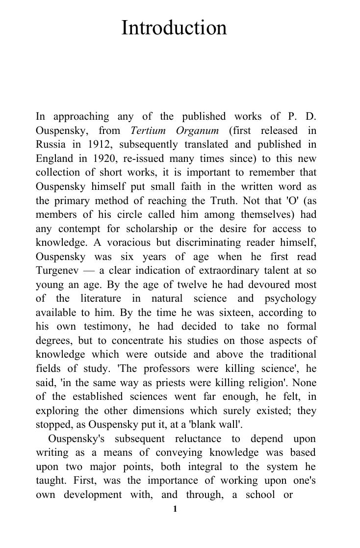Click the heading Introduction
pyautogui.click(x=174, y=28)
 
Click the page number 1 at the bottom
pyautogui.click(x=175, y=509)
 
